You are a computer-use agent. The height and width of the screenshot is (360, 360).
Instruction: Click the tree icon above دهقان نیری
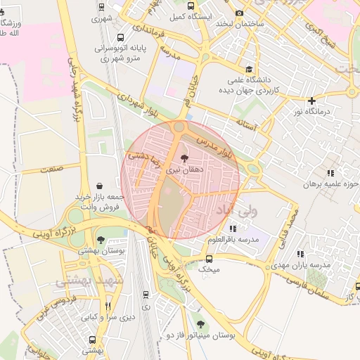pos(184,158)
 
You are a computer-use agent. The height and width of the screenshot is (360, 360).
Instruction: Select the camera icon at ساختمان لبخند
pos(240,13)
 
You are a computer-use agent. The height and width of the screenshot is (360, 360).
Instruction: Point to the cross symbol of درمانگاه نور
pos(312,101)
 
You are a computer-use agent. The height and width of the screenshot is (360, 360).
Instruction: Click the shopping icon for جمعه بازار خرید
pos(98,186)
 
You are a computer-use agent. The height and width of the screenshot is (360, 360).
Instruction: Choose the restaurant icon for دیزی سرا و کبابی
pos(108,306)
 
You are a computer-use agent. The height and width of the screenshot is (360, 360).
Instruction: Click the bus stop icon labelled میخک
pos(209,259)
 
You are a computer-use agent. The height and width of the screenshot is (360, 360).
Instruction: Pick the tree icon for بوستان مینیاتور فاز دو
pos(201,324)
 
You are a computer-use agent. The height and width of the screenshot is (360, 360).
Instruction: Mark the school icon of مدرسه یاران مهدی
pos(301,254)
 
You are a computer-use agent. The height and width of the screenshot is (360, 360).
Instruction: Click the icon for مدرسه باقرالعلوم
pos(233,229)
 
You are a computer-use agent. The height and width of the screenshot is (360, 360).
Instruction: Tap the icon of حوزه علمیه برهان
pos(329,174)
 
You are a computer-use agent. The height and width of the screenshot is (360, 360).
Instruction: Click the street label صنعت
pos(51,169)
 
